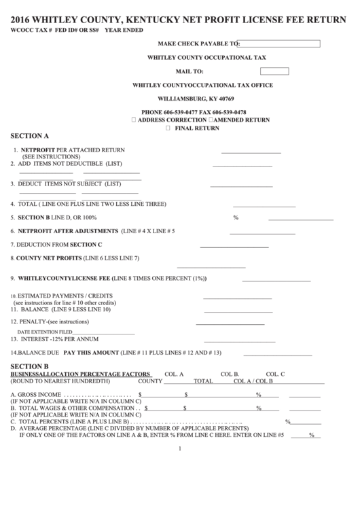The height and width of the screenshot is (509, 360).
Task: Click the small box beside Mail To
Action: coord(273,71)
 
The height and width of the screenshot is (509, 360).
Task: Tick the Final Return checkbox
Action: coord(168,128)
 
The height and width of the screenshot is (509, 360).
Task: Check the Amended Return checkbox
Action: coord(213,120)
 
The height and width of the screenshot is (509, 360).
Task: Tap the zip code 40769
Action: coord(223,99)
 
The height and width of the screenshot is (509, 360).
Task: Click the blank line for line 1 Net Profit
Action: coord(251,152)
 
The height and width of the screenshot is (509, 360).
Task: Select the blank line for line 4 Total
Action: coord(263,206)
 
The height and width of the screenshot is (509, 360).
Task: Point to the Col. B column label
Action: coord(230,374)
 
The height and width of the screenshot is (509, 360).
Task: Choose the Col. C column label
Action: coord(275,374)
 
